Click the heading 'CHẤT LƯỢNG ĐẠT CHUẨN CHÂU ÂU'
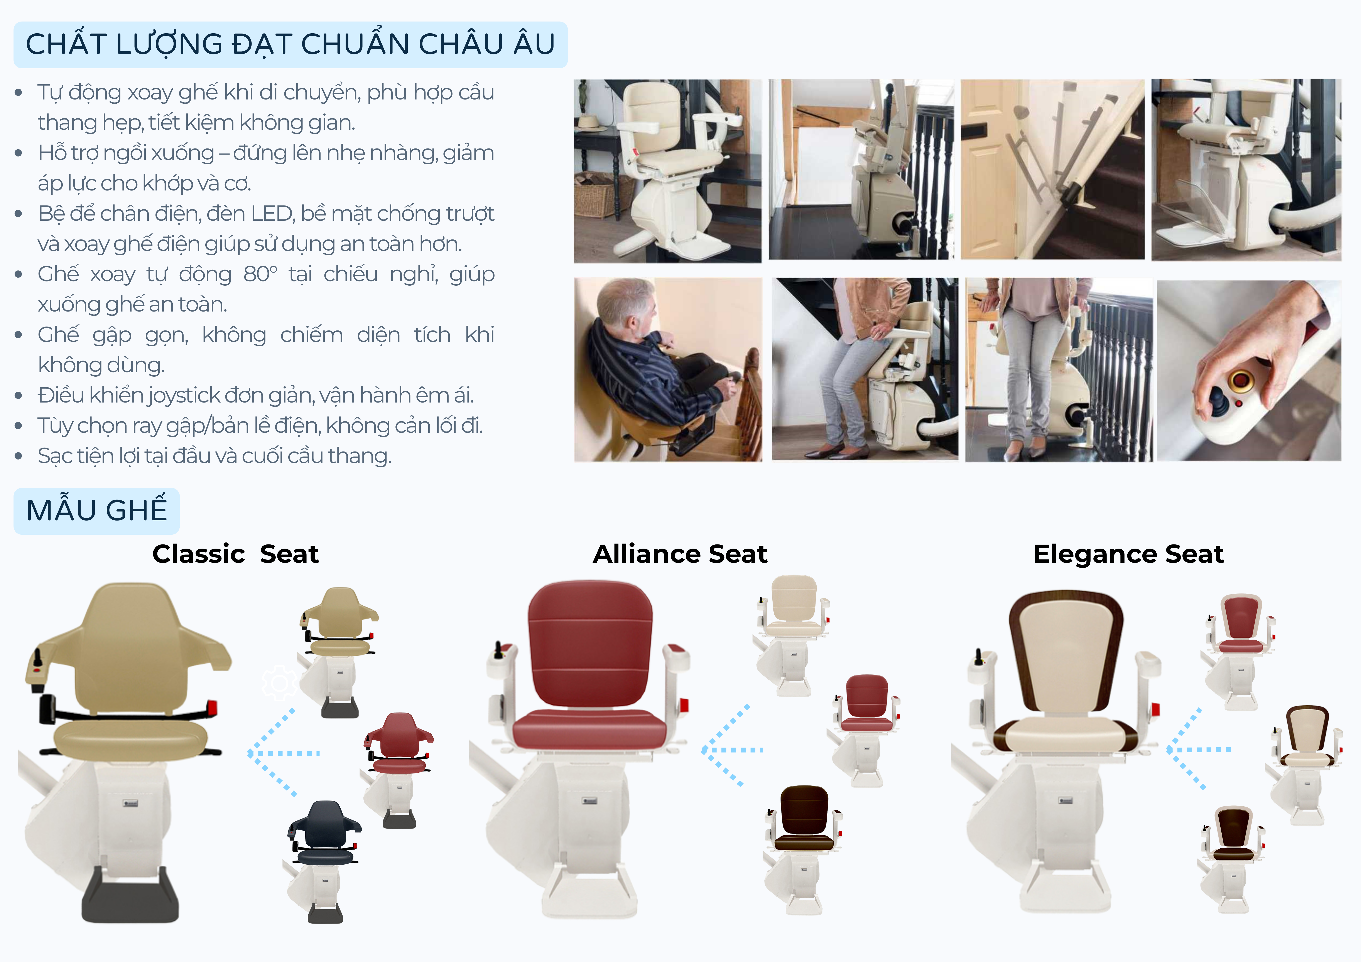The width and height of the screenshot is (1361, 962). [290, 44]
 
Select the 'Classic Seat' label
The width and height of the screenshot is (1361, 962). [235, 554]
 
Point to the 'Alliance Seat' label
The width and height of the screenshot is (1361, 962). [680, 554]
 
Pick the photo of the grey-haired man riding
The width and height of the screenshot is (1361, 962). [668, 370]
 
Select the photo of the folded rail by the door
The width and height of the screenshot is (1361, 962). [1052, 170]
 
